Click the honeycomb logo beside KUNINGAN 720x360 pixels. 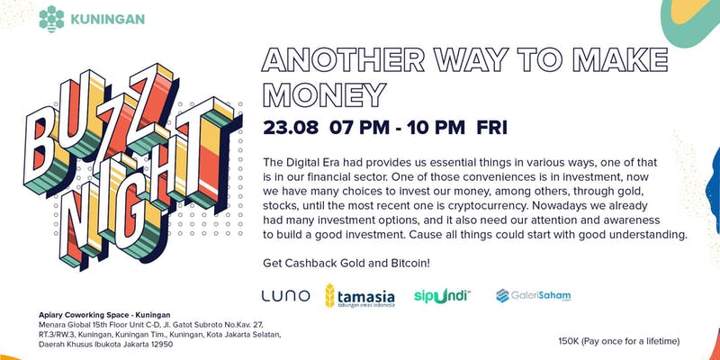point(51,19)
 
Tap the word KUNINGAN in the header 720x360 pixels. point(107,19)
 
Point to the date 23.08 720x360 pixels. point(291,127)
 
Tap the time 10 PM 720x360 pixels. point(436,127)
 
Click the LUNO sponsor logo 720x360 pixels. point(285,296)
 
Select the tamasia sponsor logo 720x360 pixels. point(359,296)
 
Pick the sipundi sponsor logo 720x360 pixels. point(442,295)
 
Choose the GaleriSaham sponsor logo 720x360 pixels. point(534,295)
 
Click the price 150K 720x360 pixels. point(569,341)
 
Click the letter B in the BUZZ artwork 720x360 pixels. point(41,147)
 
